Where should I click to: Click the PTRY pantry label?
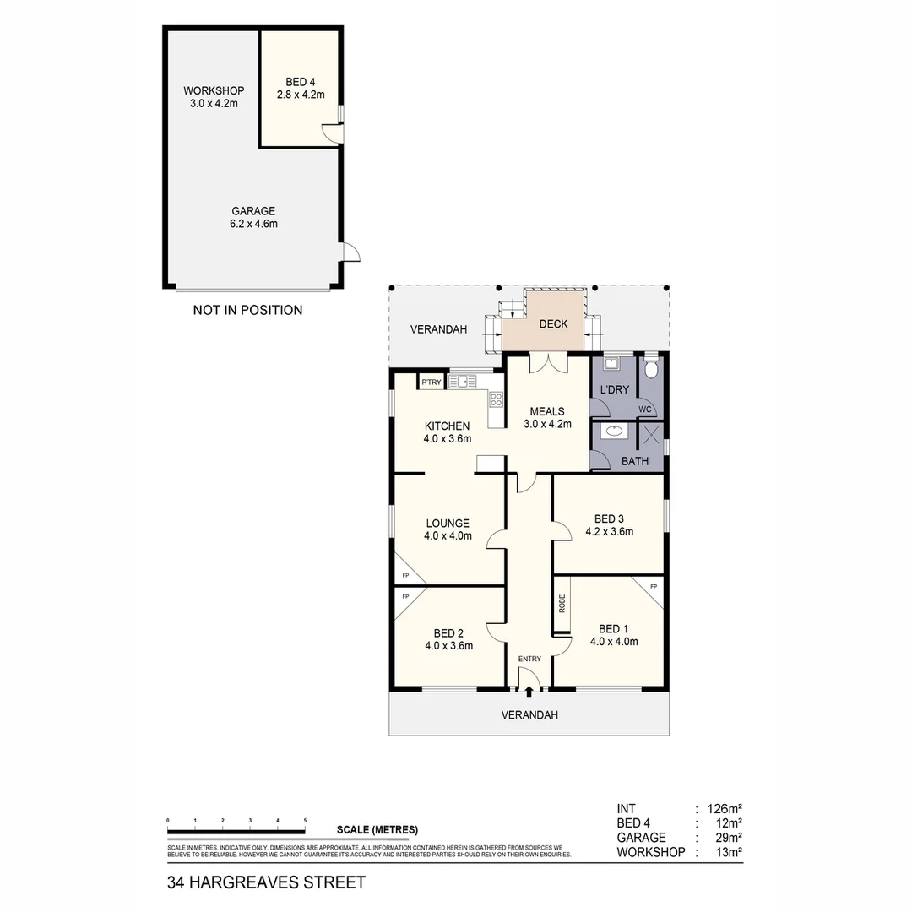coord(432,383)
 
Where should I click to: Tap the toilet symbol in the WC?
coord(651,369)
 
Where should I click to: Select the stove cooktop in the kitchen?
coord(496,400)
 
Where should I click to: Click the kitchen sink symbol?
coord(462,382)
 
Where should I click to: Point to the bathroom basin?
coord(616,432)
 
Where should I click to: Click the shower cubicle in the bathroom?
coord(651,436)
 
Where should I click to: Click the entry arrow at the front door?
coord(529,692)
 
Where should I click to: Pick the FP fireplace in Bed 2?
coord(406,597)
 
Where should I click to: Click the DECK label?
coord(554,324)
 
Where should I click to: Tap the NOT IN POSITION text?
coord(247,310)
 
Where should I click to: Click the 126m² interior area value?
coord(724,808)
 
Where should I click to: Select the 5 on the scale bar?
coord(304,820)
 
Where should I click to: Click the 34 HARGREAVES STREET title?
coord(266,882)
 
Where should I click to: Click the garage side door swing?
coord(350,252)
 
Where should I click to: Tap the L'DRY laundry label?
coord(614,389)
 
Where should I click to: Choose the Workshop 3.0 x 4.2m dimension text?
coord(214,104)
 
